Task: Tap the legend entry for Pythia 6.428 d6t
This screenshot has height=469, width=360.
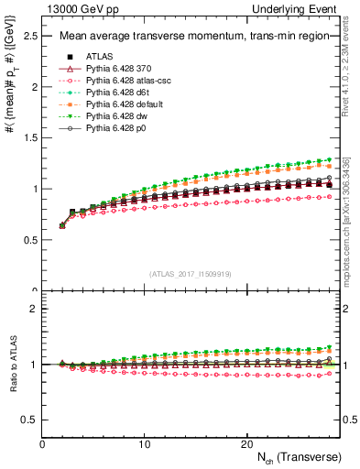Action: (x=116, y=93)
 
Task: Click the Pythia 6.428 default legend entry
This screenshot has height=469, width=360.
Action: (x=122, y=104)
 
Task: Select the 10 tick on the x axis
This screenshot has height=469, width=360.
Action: (x=145, y=443)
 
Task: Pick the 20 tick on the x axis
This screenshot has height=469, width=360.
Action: (x=246, y=443)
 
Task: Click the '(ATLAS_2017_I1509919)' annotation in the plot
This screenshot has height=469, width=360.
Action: (x=189, y=272)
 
